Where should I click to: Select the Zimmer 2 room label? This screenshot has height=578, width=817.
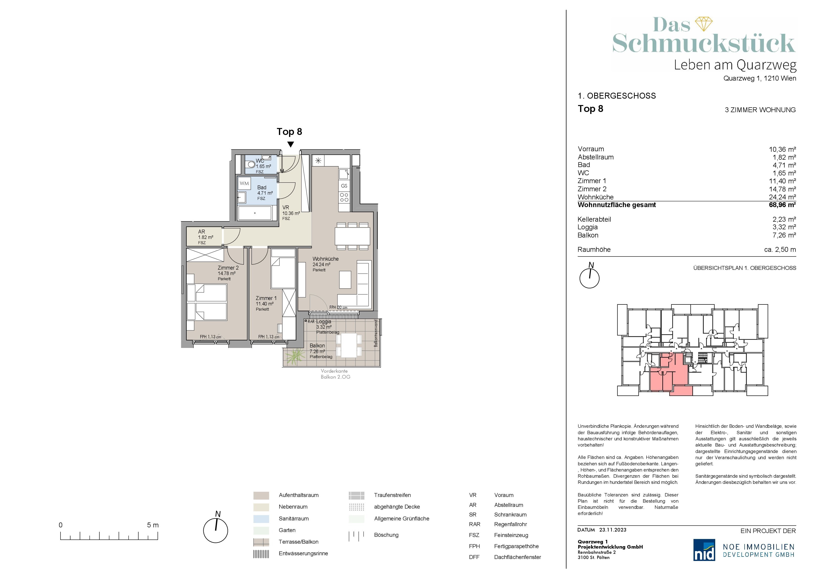click(228, 268)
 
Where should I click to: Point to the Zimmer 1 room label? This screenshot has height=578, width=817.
click(266, 298)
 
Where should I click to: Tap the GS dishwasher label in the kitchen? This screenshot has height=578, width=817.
click(344, 186)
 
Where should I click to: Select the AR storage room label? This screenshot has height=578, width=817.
click(201, 232)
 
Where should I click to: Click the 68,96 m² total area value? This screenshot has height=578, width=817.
click(782, 205)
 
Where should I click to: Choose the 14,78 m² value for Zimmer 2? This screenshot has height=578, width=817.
click(782, 189)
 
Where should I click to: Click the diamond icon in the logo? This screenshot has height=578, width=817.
click(704, 24)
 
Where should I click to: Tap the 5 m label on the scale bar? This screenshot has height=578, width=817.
click(153, 525)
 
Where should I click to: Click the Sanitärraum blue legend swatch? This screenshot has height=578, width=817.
click(261, 518)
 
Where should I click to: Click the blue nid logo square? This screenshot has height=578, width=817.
click(704, 550)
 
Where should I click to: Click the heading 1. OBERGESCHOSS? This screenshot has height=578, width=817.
click(617, 96)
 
